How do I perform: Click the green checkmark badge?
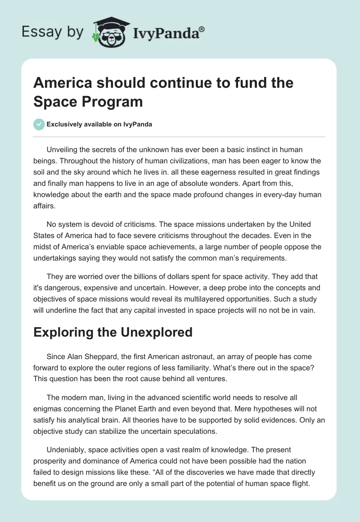[x=39, y=124]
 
